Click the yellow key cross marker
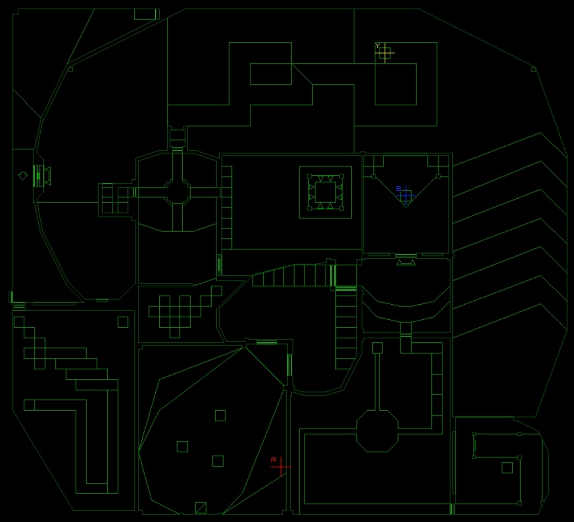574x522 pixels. [385, 53]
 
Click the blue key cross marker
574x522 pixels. [406, 196]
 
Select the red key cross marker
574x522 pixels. [281, 467]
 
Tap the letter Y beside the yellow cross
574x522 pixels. [377, 46]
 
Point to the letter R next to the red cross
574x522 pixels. [274, 459]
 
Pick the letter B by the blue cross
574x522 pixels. [398, 189]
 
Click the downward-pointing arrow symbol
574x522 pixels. [23, 176]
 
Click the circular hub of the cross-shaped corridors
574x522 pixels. [177, 192]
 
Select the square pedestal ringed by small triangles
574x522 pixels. [325, 192]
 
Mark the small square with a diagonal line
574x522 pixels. [201, 508]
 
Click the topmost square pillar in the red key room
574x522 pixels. [220, 416]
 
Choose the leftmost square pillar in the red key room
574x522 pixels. [182, 447]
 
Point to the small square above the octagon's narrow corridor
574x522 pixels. [377, 348]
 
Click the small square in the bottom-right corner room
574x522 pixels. [507, 468]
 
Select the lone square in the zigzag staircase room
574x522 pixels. [123, 322]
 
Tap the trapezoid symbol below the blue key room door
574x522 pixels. [406, 263]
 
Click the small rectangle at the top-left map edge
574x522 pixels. [146, 14]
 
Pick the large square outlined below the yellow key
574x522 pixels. [396, 84]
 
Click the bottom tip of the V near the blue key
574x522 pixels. [406, 205]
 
